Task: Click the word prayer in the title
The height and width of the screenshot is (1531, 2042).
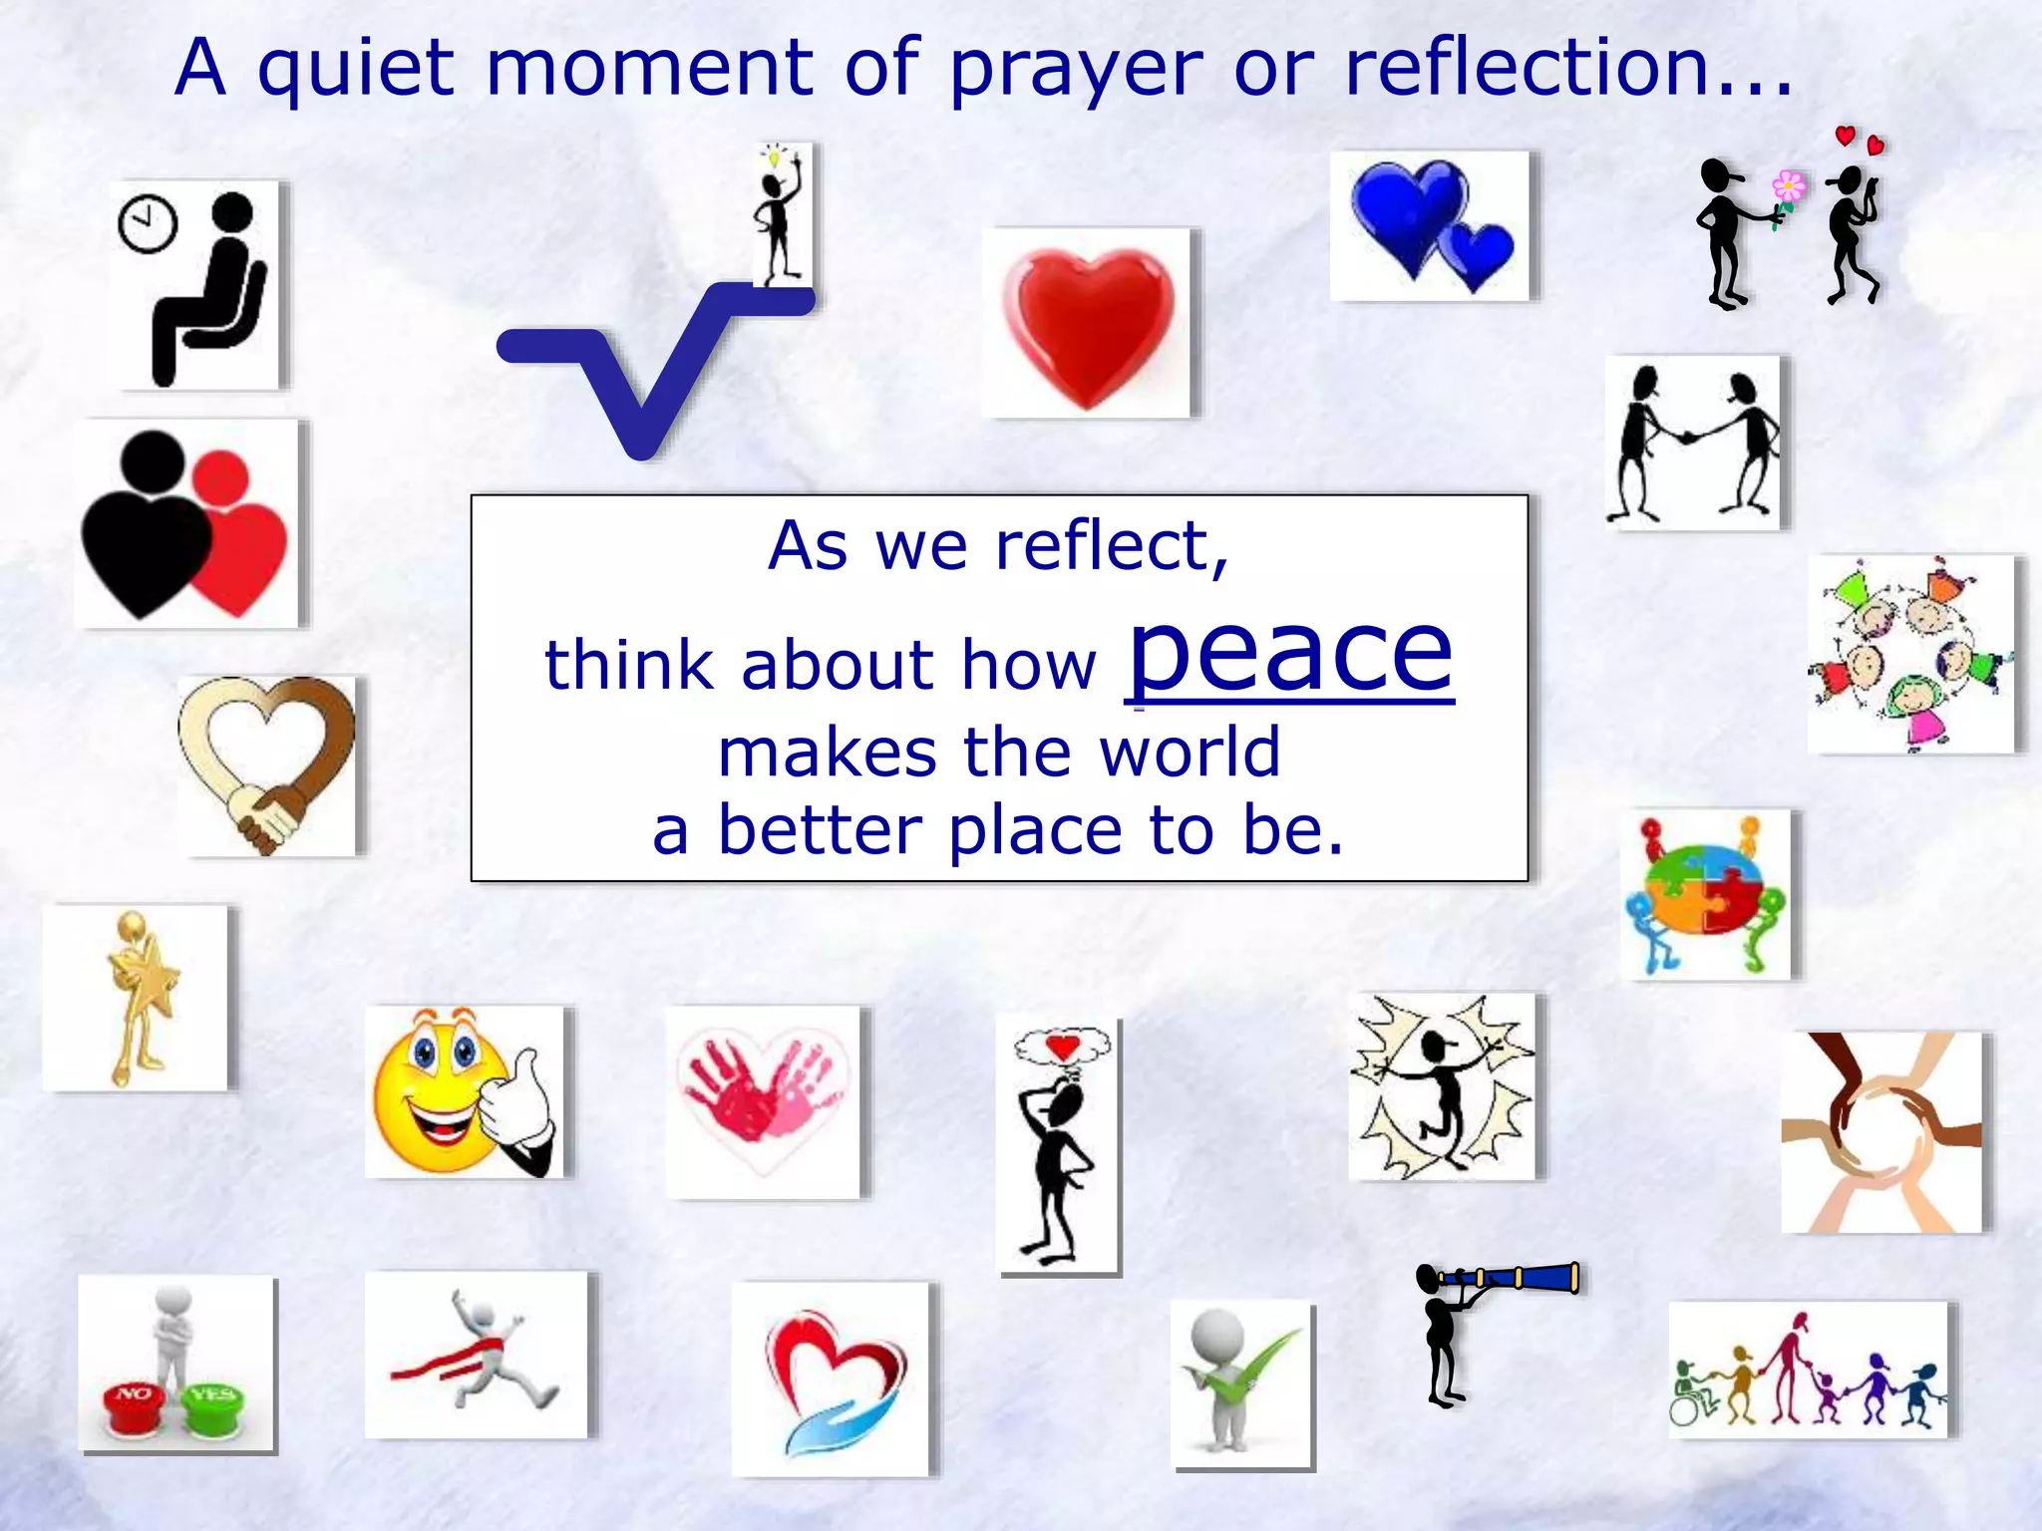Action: coord(1076,70)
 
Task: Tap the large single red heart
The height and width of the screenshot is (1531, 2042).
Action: coord(1088,324)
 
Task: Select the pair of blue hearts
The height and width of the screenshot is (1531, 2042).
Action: coord(1431,225)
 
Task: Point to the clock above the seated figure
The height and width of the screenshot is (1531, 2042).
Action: coord(148,224)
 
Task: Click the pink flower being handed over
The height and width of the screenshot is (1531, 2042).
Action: coord(1788,186)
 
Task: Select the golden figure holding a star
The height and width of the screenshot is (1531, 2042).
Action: coord(140,997)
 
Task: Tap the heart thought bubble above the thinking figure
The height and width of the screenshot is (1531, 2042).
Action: coord(1063,1047)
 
